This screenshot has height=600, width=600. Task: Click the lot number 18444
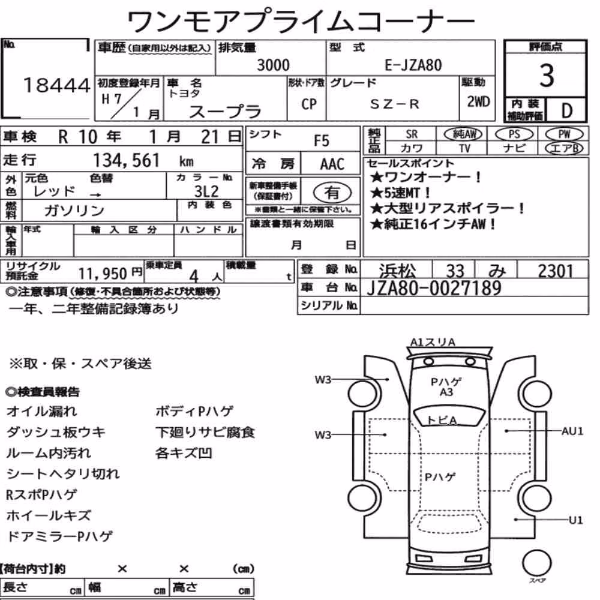point(56,85)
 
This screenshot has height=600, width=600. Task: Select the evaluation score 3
point(547,76)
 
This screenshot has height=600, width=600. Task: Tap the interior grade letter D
point(567,110)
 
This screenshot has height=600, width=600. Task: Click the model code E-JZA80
point(413,65)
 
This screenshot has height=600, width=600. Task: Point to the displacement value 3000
point(273,65)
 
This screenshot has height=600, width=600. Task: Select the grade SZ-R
point(394,104)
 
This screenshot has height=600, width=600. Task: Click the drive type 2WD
point(478,101)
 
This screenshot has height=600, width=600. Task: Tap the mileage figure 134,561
point(127,160)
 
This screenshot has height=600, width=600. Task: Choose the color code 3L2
point(206,191)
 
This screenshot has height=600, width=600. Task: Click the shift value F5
point(322,141)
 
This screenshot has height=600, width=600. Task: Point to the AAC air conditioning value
point(332,164)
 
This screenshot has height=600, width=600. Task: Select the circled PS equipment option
point(514,134)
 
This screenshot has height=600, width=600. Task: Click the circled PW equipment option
point(564,134)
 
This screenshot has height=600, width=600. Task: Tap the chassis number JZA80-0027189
point(434,288)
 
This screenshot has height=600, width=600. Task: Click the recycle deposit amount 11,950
point(103,274)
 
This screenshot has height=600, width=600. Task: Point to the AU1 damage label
point(572,431)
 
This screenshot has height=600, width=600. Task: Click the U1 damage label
point(576,520)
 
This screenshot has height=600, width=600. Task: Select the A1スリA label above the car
point(433,342)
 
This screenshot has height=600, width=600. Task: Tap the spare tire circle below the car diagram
point(536,563)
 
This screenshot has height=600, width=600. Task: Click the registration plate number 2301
point(555,271)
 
